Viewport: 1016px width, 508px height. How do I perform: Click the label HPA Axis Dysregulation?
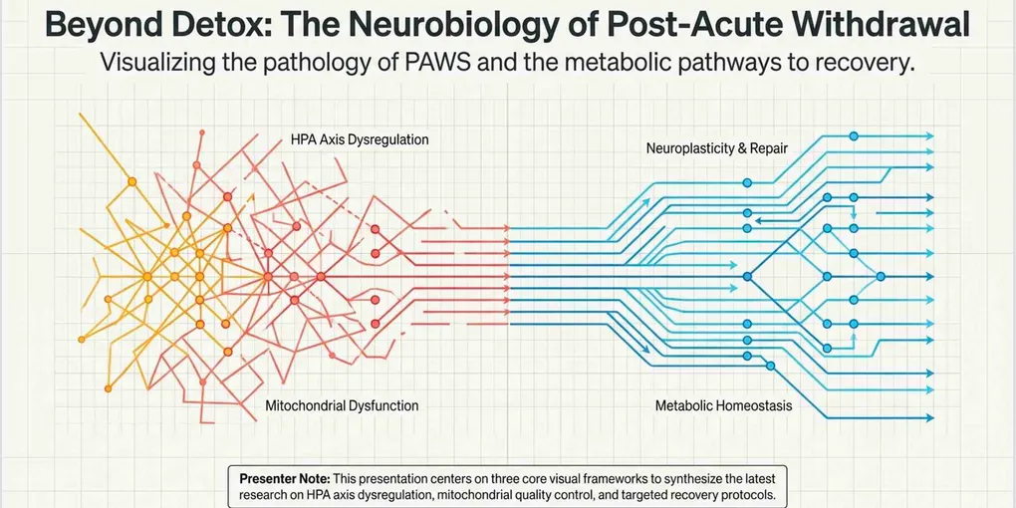click(360, 139)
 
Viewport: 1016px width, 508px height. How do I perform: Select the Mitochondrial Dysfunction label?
click(342, 406)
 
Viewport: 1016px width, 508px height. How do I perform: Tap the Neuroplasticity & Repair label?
click(716, 148)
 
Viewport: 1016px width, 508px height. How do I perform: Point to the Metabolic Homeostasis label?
click(723, 406)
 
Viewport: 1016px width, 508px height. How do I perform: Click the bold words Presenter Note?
click(285, 479)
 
